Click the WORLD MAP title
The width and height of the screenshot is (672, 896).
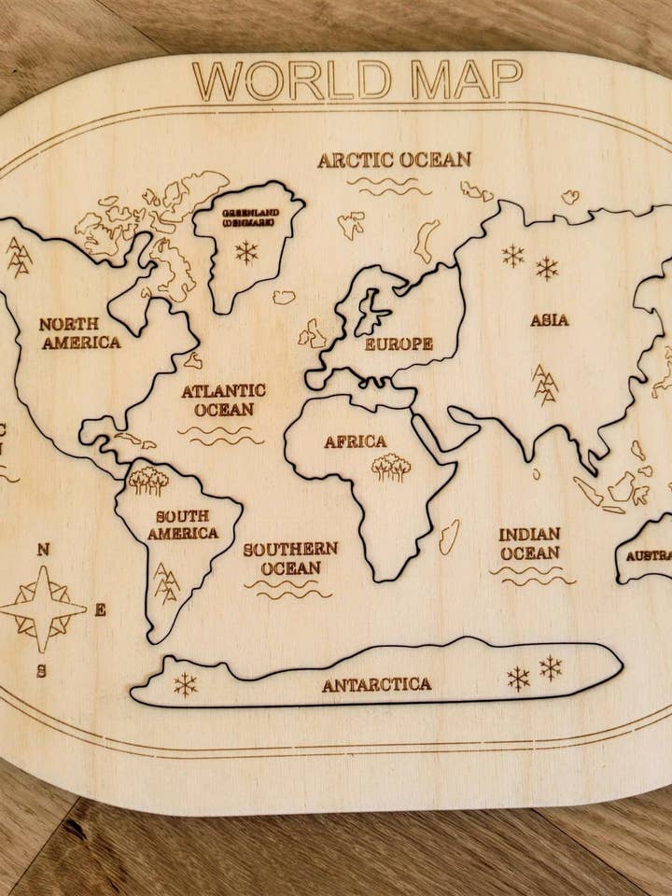357,80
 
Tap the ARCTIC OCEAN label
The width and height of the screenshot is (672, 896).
394,160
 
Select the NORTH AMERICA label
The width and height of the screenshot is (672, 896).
79,333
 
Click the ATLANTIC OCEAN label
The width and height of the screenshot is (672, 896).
223,399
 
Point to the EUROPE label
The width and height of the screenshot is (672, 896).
399,343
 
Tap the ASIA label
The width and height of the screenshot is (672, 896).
550,320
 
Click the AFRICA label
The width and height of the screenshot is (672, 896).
355,441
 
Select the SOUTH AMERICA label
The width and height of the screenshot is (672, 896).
183,525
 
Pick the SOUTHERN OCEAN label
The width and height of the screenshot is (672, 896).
290,558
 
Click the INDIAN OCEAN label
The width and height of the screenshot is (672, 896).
529,543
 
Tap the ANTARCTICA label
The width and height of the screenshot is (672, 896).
377,684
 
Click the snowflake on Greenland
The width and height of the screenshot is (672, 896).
246,252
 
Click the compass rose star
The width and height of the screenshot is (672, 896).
42,609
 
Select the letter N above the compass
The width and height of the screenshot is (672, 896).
43,550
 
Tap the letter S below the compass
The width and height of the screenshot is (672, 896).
41,670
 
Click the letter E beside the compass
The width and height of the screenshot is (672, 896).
100,610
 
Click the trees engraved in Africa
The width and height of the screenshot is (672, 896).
391,467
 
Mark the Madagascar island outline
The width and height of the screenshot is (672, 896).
449,537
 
